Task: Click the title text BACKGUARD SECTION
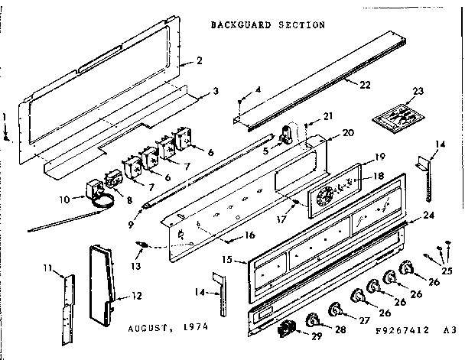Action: pos(267,24)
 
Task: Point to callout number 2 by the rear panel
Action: pos(199,60)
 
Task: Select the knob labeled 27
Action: pos(334,309)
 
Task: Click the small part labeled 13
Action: pos(141,246)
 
